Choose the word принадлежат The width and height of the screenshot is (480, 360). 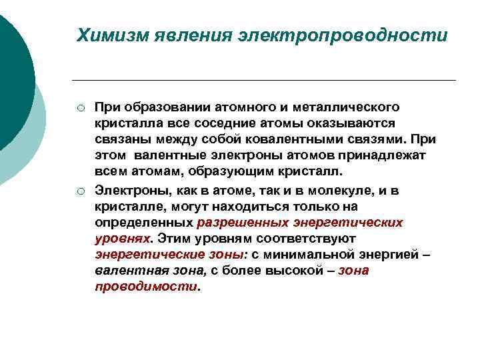tap(350, 155)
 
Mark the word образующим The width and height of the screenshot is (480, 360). tap(212, 171)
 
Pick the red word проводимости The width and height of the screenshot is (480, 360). tap(146, 287)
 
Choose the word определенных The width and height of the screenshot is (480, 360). tap(144, 223)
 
